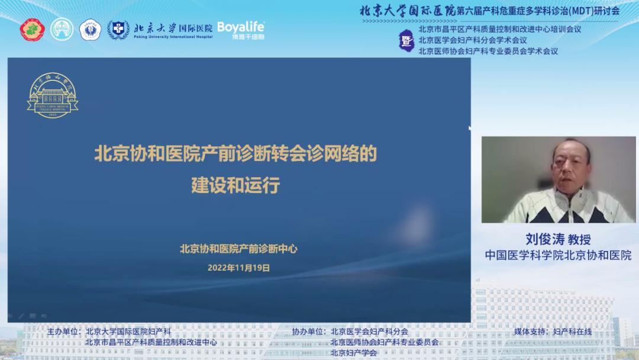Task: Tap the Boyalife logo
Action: point(241,29)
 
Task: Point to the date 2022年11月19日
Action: point(238,268)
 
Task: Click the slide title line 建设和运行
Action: point(235,185)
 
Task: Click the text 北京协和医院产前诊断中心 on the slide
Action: point(238,249)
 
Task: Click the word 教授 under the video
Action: point(580,239)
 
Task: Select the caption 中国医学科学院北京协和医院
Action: point(559,255)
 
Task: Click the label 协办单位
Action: point(308,332)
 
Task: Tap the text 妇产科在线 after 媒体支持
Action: point(572,332)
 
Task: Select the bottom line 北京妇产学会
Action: point(354,353)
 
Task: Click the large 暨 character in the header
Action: point(406,40)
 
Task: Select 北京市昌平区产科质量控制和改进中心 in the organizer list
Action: point(151,342)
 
